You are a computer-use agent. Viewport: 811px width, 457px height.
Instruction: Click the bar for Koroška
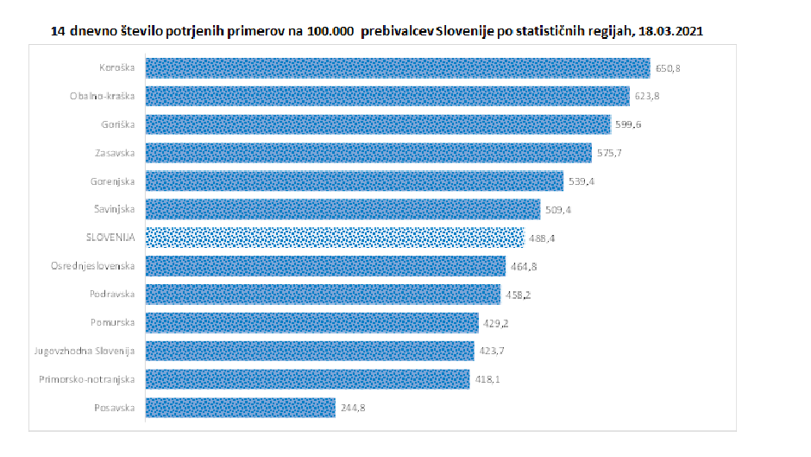pyautogui.click(x=397, y=68)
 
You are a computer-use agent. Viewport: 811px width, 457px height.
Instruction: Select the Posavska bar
pyautogui.click(x=240, y=407)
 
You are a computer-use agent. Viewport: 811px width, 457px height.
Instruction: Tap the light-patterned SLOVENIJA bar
pyautogui.click(x=334, y=238)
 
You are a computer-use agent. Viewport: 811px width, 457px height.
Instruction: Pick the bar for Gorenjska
pyautogui.click(x=354, y=181)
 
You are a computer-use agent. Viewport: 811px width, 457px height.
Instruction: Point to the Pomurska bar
pyautogui.click(x=311, y=322)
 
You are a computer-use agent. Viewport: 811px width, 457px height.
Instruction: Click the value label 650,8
pyautogui.click(x=669, y=68)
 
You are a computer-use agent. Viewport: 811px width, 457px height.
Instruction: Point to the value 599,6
pyautogui.click(x=629, y=125)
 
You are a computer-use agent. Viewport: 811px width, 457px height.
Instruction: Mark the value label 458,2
pyautogui.click(x=519, y=295)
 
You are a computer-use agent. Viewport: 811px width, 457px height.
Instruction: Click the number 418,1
pyautogui.click(x=488, y=379)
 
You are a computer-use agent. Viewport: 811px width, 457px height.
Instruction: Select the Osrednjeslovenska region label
pyautogui.click(x=93, y=266)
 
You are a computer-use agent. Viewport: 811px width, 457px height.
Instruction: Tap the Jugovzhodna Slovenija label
pyautogui.click(x=85, y=351)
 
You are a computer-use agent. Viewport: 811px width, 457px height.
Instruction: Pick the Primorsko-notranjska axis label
pyautogui.click(x=87, y=379)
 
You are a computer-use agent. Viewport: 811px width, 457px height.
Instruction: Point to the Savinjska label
pyautogui.click(x=115, y=209)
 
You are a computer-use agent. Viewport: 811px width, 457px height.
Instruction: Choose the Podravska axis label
pyautogui.click(x=113, y=295)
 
